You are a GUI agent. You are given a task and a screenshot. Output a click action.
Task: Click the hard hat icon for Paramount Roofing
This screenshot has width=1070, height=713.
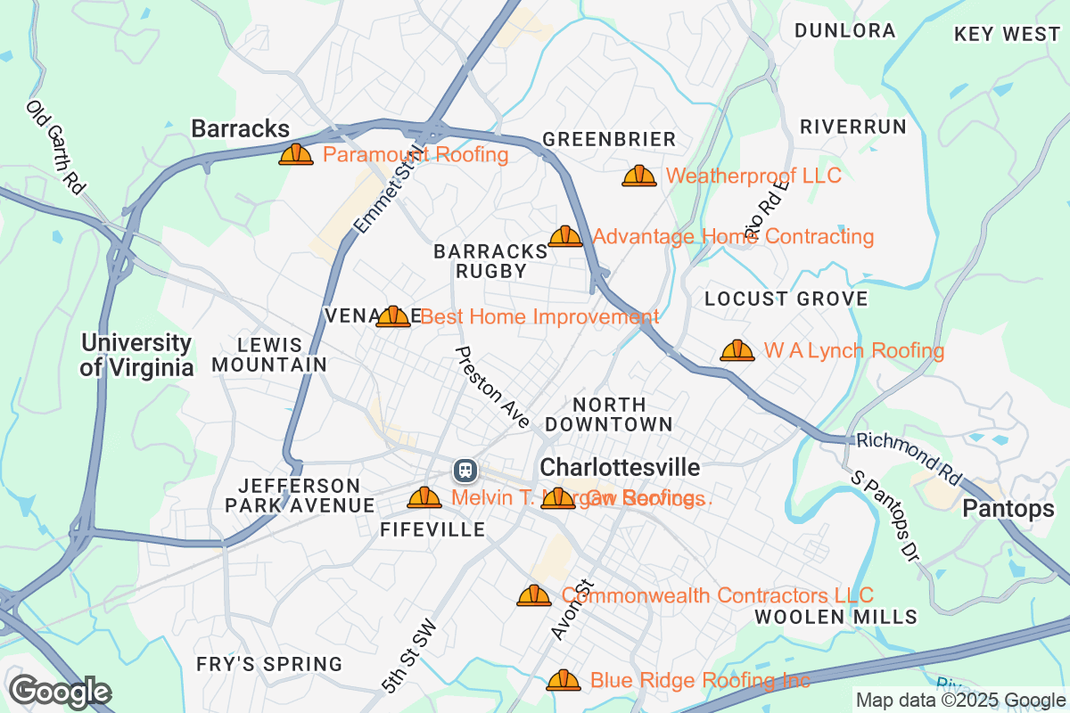(296, 155)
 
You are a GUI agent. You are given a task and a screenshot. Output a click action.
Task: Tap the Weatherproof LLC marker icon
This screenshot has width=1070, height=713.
(639, 176)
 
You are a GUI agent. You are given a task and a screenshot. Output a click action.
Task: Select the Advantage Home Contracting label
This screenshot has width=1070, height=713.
(732, 236)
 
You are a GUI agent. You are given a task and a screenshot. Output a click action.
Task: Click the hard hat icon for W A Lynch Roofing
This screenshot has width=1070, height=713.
(737, 351)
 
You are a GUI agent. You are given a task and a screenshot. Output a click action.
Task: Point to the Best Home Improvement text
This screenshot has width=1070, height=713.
(539, 316)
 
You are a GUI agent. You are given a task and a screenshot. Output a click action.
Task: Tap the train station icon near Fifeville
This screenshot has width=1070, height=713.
(465, 470)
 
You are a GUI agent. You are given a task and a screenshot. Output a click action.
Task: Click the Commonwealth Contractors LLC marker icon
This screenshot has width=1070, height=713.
(534, 595)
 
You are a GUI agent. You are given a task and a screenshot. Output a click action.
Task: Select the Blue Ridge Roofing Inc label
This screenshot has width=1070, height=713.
(700, 681)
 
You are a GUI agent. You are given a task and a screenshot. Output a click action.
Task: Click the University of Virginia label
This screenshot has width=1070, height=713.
(136, 355)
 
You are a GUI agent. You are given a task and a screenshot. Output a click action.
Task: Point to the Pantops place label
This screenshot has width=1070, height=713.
(1008, 509)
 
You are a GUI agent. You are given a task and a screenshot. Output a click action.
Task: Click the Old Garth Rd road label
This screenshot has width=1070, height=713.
(55, 148)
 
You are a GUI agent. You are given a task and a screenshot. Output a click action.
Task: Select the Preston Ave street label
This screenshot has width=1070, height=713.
(492, 387)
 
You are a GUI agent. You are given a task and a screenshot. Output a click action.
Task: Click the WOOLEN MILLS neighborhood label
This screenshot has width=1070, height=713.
(835, 617)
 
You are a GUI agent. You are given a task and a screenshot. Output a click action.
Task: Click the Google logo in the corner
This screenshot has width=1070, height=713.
(60, 692)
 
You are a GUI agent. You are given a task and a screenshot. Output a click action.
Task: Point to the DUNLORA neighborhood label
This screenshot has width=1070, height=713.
(844, 30)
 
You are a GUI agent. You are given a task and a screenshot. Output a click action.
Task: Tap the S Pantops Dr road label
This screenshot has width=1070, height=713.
(885, 516)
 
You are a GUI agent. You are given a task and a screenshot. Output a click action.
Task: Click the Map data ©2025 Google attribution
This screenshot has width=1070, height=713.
(959, 700)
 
